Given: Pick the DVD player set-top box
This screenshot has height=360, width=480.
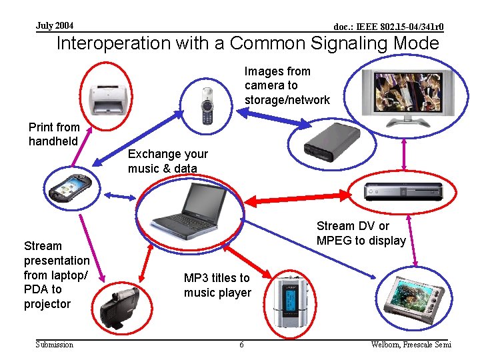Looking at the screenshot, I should point(403,191).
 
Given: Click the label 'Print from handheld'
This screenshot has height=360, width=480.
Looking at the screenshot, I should point(54,134).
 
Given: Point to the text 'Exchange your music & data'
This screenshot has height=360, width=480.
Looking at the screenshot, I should point(167,161).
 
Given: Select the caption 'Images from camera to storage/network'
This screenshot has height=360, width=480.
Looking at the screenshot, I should point(287,85).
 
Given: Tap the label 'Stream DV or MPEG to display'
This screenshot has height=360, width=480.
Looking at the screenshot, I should point(361,233).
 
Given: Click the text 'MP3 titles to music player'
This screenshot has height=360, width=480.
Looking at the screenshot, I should point(217,285).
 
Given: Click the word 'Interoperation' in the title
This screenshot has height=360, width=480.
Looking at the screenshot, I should point(113,44).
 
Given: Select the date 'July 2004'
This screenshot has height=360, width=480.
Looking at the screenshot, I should point(55,26).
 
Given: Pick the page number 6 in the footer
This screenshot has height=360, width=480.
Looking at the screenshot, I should point(241,345).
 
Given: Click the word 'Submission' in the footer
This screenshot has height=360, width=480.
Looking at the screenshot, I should point(55,345).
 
